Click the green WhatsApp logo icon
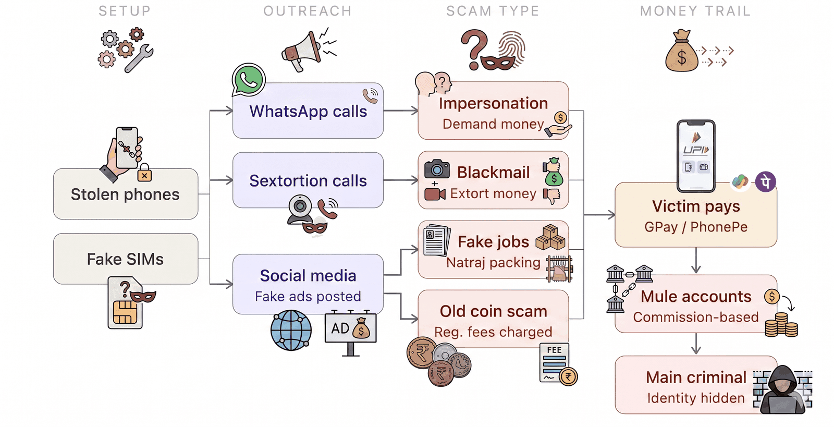[x=248, y=80]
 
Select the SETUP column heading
[x=125, y=11]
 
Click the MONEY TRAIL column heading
[x=695, y=11]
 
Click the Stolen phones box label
[x=125, y=194]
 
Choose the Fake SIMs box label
[x=125, y=259]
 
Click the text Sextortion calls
[x=308, y=180]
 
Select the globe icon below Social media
[x=291, y=331]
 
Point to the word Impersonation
[x=493, y=104]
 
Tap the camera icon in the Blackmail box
[x=437, y=169]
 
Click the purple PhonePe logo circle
[x=766, y=182]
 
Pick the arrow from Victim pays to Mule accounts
[x=696, y=260]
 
